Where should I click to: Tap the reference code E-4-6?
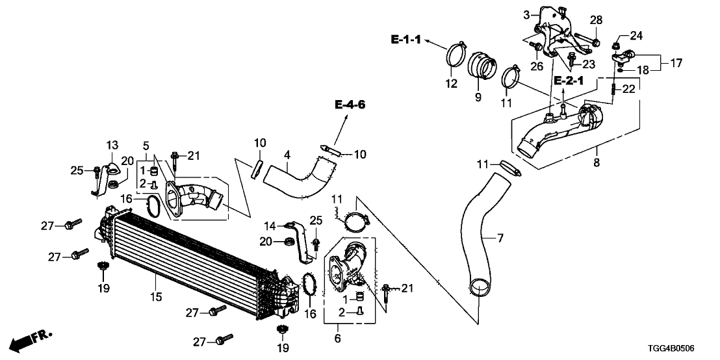click(351, 104)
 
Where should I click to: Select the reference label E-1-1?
click(406, 40)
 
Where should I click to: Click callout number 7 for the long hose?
click(500, 239)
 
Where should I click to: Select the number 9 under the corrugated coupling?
click(478, 97)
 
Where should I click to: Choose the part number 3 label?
click(528, 12)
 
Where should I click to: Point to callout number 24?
click(636, 35)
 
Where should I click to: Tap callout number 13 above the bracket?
click(112, 144)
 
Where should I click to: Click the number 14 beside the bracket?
click(271, 225)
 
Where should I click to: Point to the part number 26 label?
click(537, 66)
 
